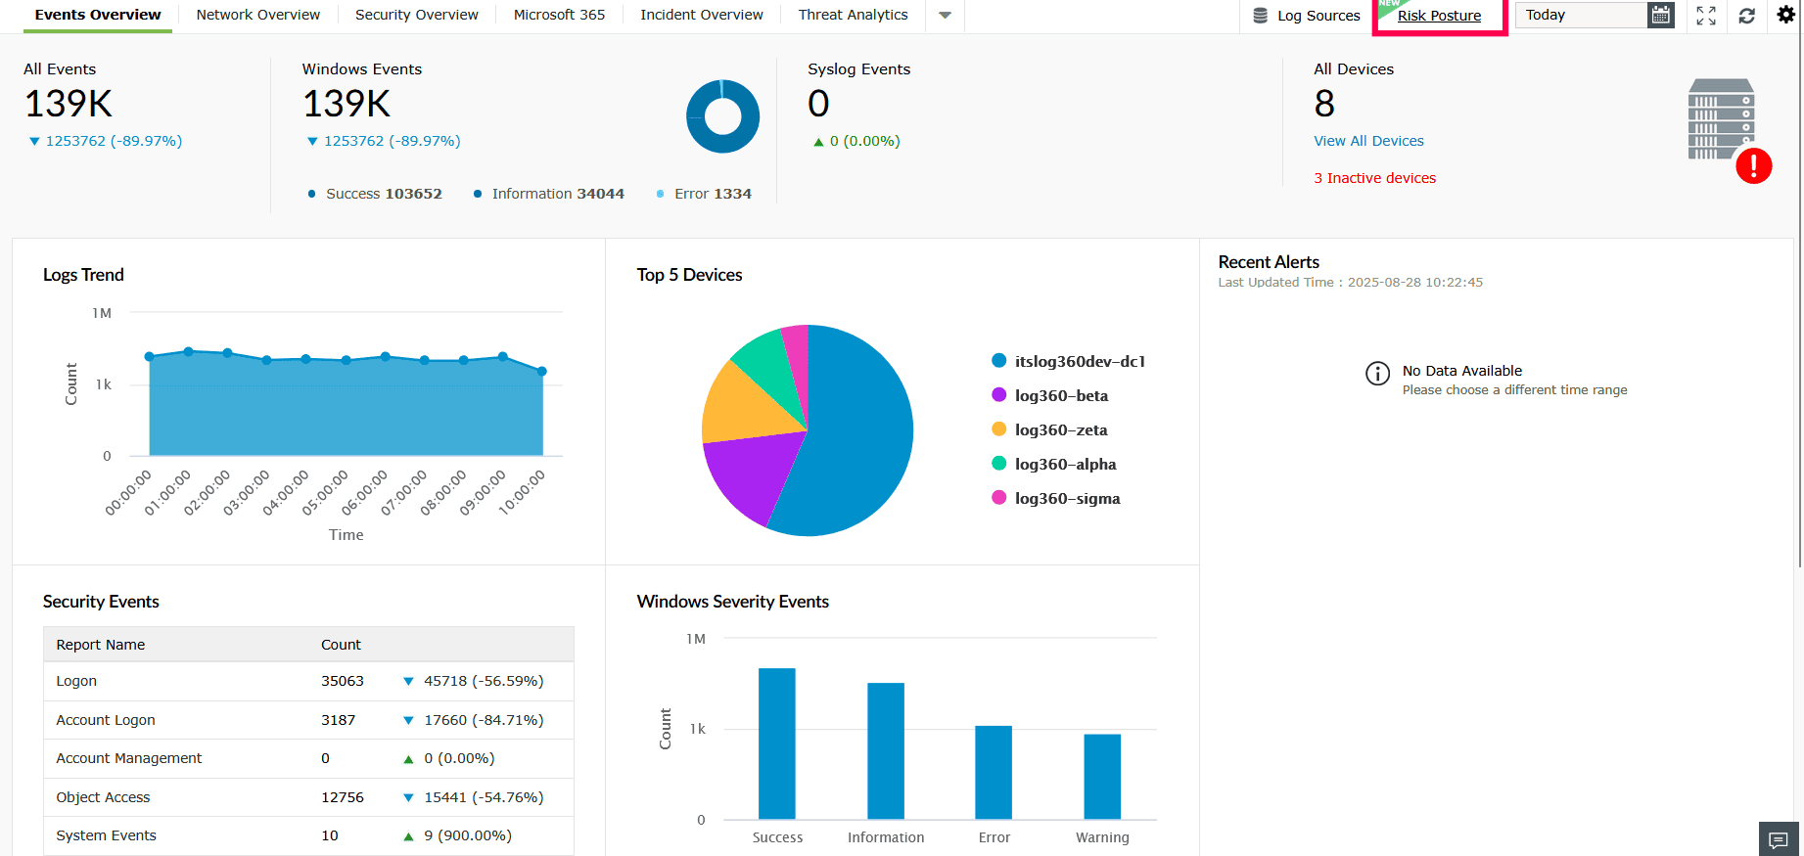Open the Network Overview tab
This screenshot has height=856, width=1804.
(x=257, y=15)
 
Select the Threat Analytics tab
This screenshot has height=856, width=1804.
(x=853, y=15)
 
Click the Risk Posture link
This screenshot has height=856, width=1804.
(x=1439, y=16)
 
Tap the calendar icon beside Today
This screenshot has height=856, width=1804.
(x=1661, y=15)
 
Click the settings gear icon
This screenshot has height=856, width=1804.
(x=1785, y=15)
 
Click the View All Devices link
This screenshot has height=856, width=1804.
(x=1368, y=141)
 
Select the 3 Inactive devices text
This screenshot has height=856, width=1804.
(x=1374, y=178)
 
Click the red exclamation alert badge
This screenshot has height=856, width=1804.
(x=1753, y=165)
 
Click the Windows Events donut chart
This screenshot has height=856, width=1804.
(x=723, y=116)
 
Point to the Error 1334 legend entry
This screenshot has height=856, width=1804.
(x=712, y=194)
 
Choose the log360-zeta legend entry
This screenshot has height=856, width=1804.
(x=1060, y=429)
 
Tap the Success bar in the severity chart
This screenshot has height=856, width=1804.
(x=777, y=743)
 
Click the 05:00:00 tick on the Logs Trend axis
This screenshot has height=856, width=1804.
(x=325, y=492)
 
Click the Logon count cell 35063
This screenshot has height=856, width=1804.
(x=343, y=681)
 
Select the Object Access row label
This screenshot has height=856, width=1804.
(x=103, y=797)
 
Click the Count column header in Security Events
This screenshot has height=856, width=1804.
(x=341, y=645)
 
